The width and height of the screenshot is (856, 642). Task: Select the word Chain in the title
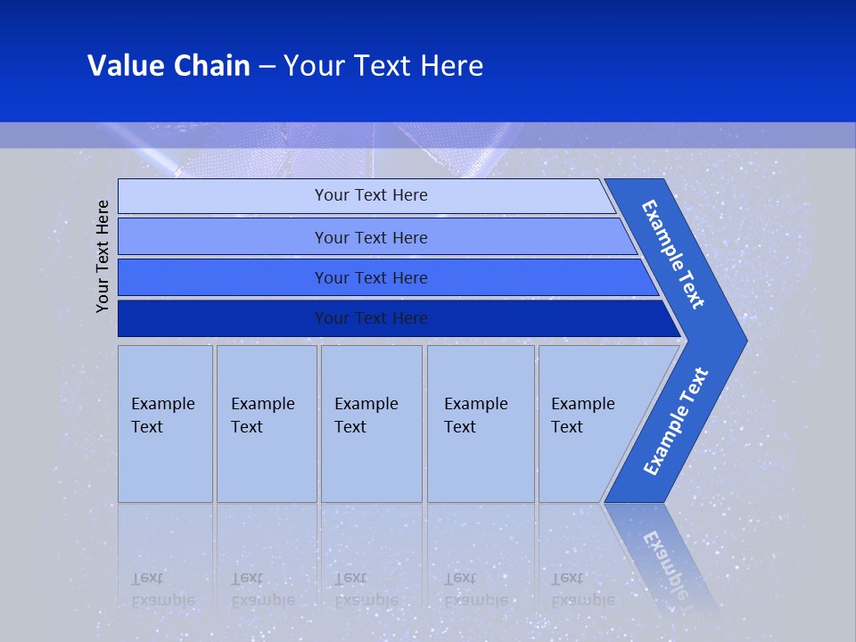tap(211, 66)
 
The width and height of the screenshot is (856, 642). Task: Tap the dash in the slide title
tap(267, 66)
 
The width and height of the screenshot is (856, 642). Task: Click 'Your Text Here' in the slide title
tap(383, 66)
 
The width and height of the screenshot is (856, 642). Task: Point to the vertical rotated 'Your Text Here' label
tap(103, 257)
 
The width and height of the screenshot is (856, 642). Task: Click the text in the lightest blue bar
tap(371, 195)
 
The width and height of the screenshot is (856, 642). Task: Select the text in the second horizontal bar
tap(371, 237)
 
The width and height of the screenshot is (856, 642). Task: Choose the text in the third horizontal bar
tap(371, 278)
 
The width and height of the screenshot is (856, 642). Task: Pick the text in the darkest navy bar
tap(371, 318)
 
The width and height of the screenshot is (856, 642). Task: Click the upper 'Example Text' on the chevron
tap(673, 255)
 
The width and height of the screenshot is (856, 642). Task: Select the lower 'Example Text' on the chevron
tap(676, 422)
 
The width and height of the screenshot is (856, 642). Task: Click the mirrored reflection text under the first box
tap(162, 589)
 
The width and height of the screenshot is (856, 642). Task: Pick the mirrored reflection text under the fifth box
tap(582, 589)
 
